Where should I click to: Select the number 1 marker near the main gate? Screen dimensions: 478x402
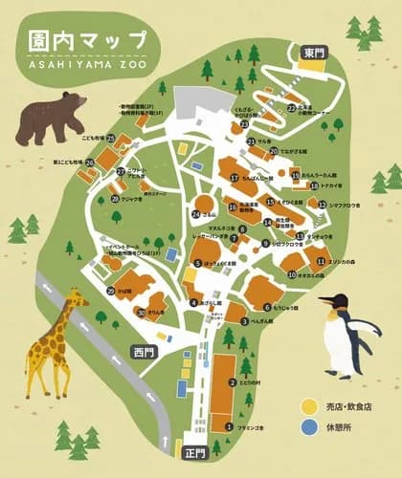pyautogui.click(x=229, y=426)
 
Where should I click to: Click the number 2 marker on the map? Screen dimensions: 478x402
pyautogui.click(x=233, y=383)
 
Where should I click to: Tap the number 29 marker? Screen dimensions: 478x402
pyautogui.click(x=112, y=291)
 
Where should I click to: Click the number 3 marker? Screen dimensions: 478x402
pyautogui.click(x=244, y=321)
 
